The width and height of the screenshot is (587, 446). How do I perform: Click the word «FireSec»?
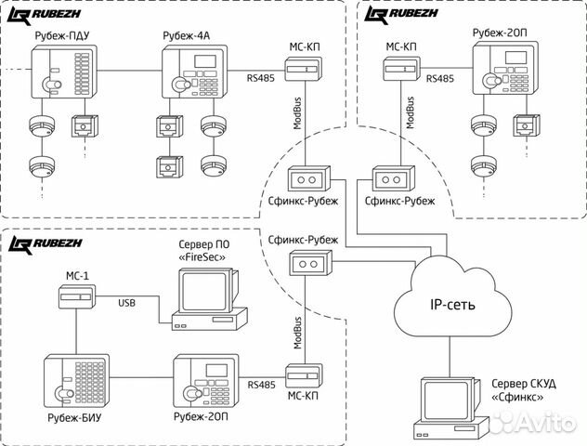coord(202,256)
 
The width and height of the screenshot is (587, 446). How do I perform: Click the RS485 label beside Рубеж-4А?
coord(262,80)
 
